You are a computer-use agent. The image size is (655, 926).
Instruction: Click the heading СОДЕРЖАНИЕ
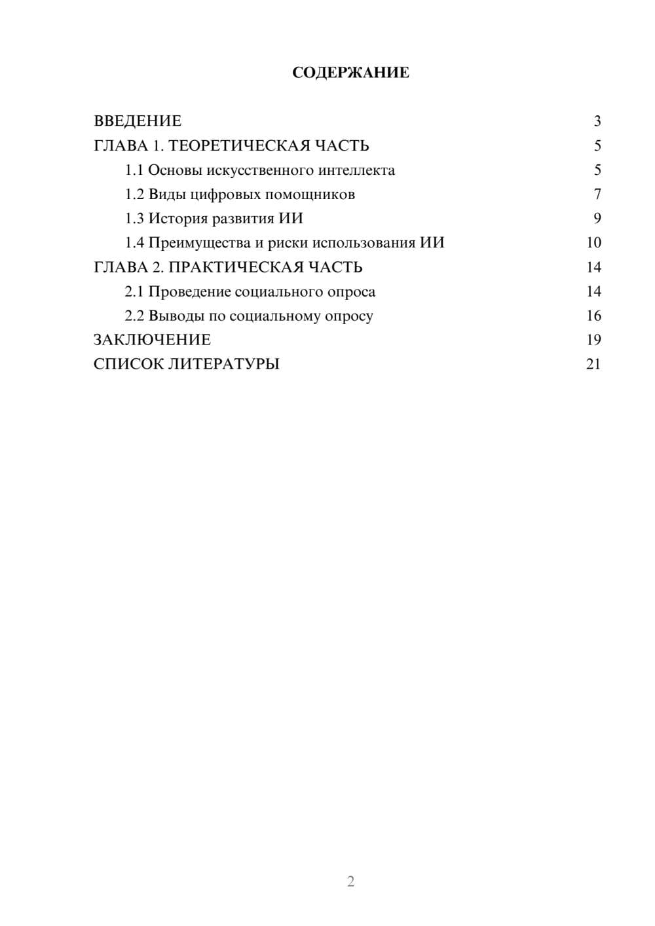pyautogui.click(x=350, y=73)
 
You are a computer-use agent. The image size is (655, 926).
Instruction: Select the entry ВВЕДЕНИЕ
pyautogui.click(x=138, y=121)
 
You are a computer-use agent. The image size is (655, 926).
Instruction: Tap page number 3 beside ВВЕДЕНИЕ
pyautogui.click(x=597, y=121)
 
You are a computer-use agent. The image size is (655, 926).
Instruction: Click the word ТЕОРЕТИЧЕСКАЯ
pyautogui.click(x=238, y=145)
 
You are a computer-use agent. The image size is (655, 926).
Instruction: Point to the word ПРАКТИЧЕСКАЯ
pyautogui.click(x=233, y=267)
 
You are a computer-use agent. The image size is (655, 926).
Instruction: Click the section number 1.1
pyautogui.click(x=134, y=170)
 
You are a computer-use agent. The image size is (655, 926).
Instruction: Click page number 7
pyautogui.click(x=597, y=194)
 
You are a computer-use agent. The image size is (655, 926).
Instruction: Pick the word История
pyautogui.click(x=179, y=219)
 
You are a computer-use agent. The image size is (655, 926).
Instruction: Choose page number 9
pyautogui.click(x=597, y=219)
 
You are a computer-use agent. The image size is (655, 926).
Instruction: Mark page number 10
pyautogui.click(x=593, y=243)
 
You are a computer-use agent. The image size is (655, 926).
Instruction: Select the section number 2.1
pyautogui.click(x=134, y=291)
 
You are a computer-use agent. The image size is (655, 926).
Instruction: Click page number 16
pyautogui.click(x=593, y=316)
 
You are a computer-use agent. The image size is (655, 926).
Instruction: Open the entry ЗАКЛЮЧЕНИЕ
pyautogui.click(x=152, y=340)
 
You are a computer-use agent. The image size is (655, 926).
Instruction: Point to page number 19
pyautogui.click(x=593, y=340)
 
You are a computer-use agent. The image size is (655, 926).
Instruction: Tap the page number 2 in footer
pyautogui.click(x=350, y=881)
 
